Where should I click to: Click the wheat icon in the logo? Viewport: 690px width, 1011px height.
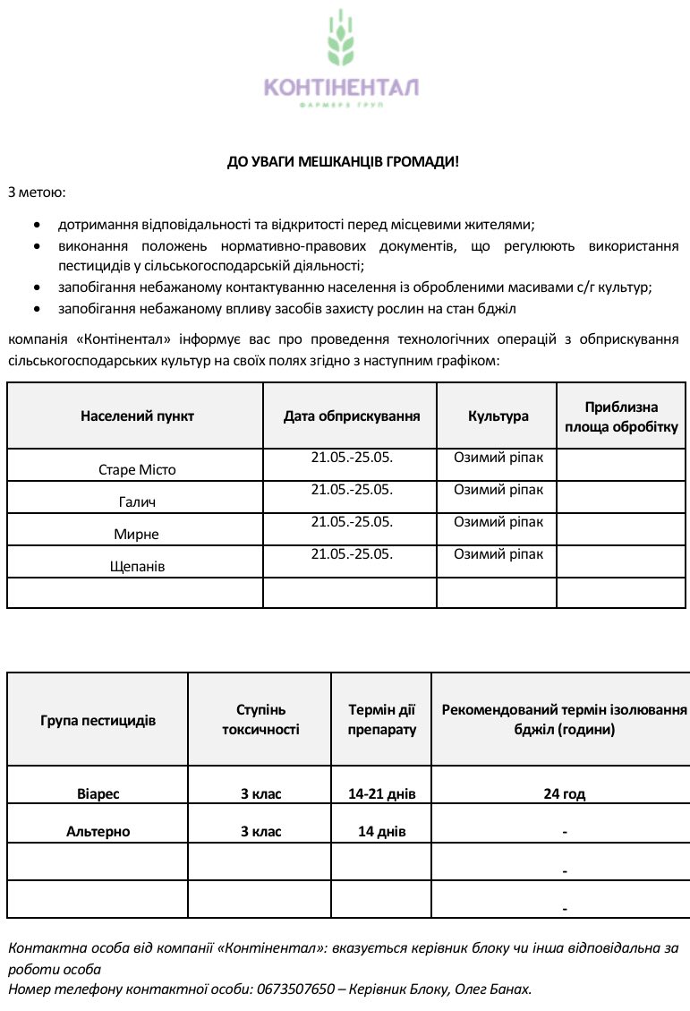coord(339,39)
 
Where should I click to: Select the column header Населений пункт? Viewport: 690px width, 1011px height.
coord(137,416)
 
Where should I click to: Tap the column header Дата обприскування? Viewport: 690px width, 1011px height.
coord(352,416)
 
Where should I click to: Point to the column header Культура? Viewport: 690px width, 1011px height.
coord(498,416)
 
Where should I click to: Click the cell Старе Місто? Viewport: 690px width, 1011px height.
coord(137,469)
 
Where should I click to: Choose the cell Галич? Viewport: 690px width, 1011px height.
coord(137,502)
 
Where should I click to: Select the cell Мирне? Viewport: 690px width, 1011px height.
coord(137,535)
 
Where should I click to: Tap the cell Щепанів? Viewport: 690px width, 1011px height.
coord(137,567)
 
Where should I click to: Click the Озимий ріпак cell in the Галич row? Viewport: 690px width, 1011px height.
coord(498,490)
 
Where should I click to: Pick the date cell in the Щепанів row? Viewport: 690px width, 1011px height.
coord(352,554)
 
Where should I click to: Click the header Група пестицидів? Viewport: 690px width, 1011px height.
coord(98,720)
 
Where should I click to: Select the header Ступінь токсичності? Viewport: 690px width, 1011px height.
coord(260,720)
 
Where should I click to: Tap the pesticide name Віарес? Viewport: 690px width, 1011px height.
coord(98,793)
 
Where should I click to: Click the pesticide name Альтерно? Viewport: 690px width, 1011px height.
coord(98,831)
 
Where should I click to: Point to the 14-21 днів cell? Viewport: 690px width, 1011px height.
coord(381,793)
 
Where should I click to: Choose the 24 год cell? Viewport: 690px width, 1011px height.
coord(565,793)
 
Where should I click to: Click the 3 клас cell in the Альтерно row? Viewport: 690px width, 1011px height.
coord(260,831)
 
